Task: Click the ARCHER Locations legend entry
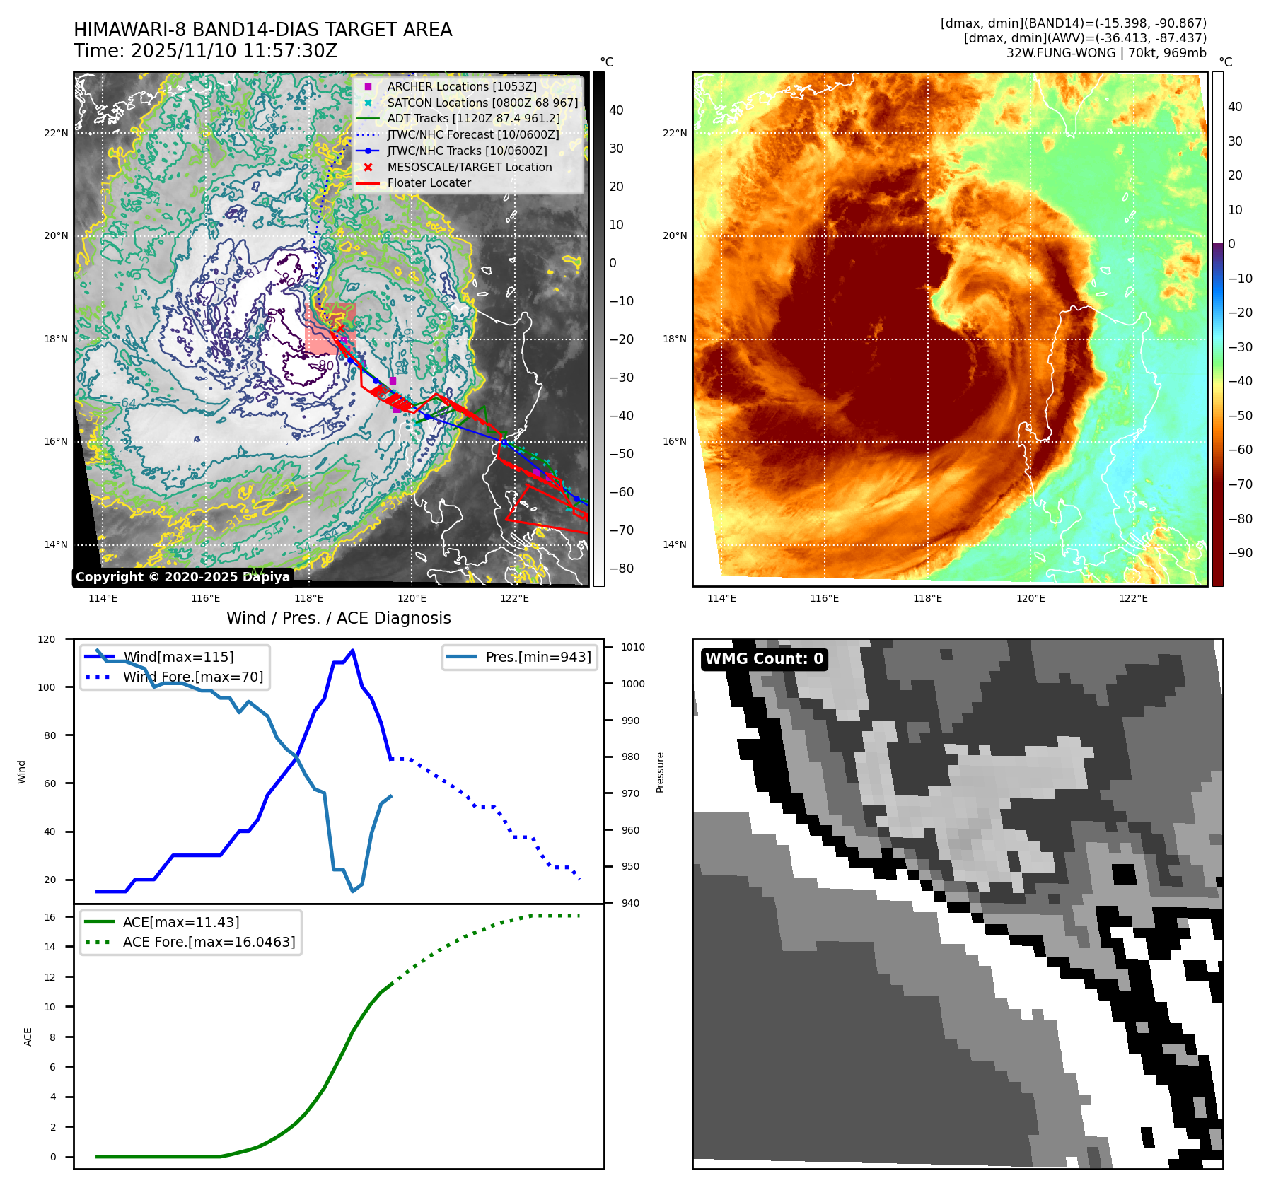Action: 461,86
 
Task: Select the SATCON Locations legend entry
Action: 482,103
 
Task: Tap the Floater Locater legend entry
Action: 429,182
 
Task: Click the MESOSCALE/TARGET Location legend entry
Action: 469,167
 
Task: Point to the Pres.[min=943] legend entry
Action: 538,657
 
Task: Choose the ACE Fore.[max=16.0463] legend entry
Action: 209,942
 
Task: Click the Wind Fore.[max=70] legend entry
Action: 192,677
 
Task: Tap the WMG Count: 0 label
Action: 764,659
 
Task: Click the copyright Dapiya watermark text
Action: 182,577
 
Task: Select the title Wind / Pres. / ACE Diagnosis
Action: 338,618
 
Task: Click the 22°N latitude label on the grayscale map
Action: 57,133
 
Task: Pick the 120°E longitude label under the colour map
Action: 1031,598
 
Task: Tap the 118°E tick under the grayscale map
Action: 309,598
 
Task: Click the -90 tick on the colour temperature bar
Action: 1241,553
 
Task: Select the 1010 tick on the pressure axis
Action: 633,647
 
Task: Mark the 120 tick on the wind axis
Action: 47,639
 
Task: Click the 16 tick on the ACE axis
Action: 50,917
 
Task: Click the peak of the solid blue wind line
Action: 352,651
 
